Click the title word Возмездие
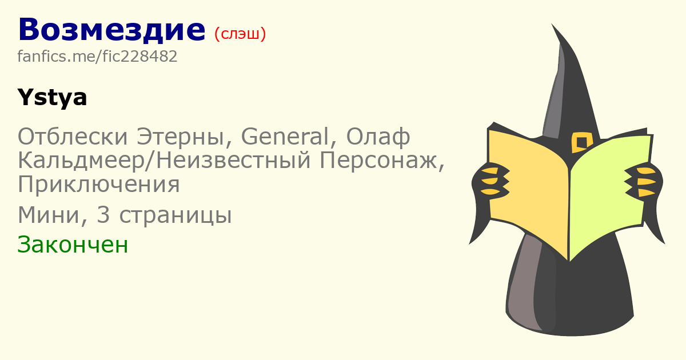(112, 30)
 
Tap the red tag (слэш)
(240, 34)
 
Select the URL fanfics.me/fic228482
(97, 57)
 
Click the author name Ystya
(53, 98)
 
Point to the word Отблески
(73, 136)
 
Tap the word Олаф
(378, 137)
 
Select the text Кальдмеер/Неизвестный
(164, 161)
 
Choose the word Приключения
(98, 184)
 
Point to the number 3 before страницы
(103, 215)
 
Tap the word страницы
(175, 217)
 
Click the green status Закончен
(73, 245)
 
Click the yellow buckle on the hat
(581, 142)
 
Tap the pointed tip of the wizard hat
(552, 24)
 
